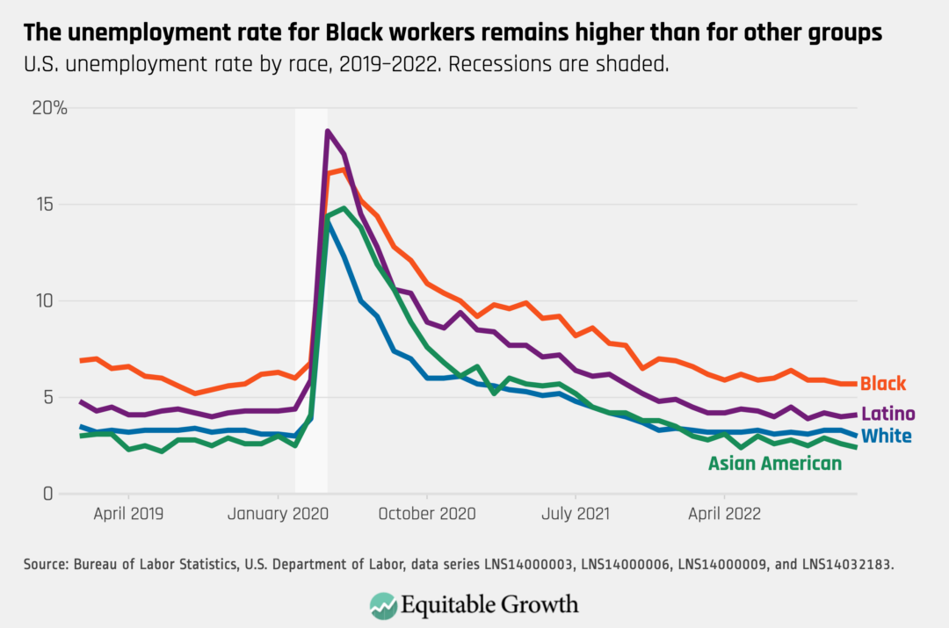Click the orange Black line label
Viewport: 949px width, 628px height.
click(882, 384)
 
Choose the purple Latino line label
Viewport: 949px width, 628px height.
click(887, 414)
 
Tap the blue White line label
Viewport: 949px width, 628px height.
click(886, 436)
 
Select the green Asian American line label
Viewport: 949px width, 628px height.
click(775, 463)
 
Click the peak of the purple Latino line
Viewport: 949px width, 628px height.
click(328, 131)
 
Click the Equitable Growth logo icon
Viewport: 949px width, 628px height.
click(382, 604)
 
